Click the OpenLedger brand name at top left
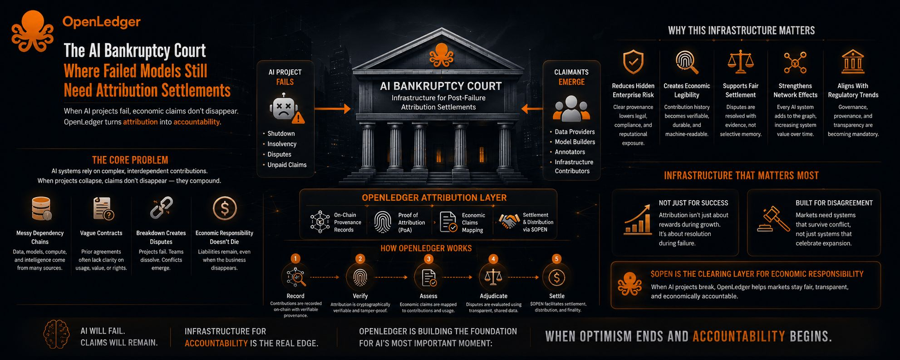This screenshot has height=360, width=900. [x=101, y=22]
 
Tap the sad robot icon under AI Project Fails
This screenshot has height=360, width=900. [x=285, y=108]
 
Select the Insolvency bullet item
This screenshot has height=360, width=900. [x=282, y=144]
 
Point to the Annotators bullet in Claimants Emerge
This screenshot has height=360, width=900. [x=570, y=152]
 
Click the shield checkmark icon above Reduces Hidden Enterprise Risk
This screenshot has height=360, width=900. [x=633, y=62]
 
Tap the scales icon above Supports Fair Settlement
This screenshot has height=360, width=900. [x=740, y=62]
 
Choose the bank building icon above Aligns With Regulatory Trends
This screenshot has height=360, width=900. [x=852, y=62]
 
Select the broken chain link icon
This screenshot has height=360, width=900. [x=161, y=208]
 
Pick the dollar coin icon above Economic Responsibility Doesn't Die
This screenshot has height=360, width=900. [x=225, y=208]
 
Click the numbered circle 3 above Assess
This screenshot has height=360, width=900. [x=428, y=259]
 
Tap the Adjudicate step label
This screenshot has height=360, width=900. [x=493, y=296]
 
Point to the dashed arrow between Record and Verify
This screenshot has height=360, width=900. [x=325, y=277]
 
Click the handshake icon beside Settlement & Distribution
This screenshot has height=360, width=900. [x=509, y=222]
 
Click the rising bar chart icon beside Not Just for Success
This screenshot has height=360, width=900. [x=638, y=219]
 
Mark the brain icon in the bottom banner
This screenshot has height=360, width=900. [x=56, y=335]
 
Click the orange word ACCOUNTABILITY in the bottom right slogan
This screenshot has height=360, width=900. [x=738, y=336]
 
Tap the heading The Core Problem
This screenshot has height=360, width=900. [x=130, y=160]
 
